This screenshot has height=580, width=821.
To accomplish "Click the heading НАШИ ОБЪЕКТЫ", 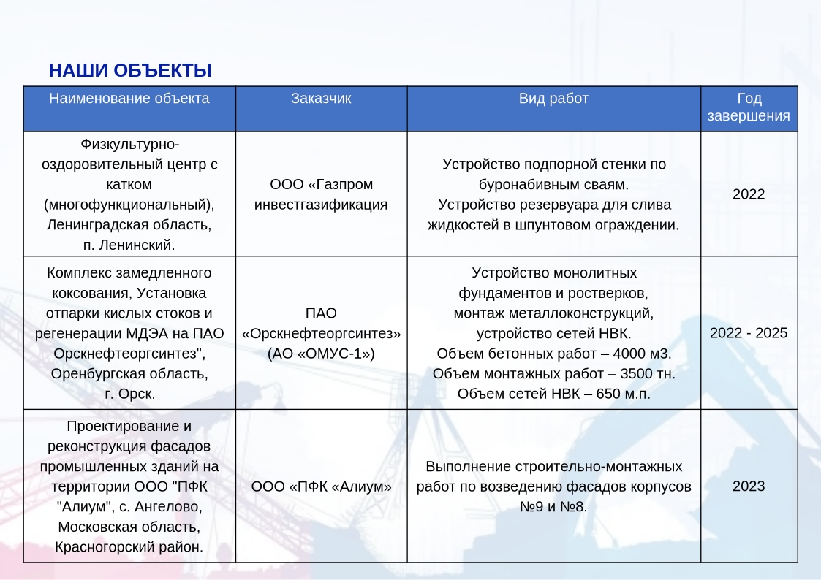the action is [130, 71].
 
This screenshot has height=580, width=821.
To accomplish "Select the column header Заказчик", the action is [321, 99].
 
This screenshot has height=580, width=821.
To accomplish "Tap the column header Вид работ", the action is [553, 99].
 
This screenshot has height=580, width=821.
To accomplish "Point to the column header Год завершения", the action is [749, 107].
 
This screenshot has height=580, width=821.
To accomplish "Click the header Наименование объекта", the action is [129, 99].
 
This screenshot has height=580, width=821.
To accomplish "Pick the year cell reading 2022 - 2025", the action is [749, 333].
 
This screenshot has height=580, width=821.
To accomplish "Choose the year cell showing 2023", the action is [749, 486].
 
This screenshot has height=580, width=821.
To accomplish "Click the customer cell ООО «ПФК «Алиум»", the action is [321, 486].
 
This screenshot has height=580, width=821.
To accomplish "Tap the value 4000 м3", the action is [642, 354].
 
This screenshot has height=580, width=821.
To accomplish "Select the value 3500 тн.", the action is [648, 374].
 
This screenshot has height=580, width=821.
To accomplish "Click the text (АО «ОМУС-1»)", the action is [321, 354].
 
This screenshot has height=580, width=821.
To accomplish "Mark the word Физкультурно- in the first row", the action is [129, 145].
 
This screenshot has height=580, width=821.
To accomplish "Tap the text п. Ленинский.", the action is [129, 245].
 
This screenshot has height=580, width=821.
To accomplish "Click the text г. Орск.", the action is [129, 394].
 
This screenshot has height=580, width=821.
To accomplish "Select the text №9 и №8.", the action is [553, 507].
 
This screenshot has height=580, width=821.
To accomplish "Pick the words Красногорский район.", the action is [129, 547].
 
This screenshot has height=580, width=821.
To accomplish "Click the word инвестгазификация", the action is [321, 205].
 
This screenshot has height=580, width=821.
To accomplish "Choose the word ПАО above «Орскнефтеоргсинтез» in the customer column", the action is [321, 313].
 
